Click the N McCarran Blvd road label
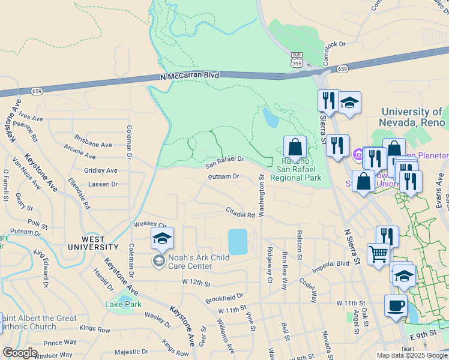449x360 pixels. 190,76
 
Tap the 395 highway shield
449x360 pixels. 296,62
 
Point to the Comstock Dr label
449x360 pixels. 336,44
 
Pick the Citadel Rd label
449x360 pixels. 240,213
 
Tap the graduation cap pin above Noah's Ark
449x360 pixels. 162,239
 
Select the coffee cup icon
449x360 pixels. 395,305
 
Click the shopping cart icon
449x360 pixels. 378,253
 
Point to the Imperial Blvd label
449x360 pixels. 330,264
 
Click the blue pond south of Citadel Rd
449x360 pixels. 238,241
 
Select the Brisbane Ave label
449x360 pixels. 93,145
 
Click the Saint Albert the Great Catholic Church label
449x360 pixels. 37,322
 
